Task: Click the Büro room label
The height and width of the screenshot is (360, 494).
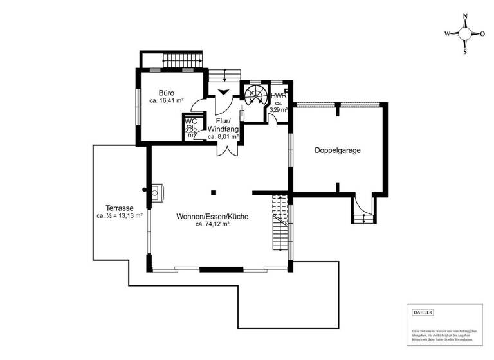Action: point(158,93)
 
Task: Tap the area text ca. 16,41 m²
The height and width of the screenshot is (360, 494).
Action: point(167,101)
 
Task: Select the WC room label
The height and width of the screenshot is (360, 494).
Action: point(190,121)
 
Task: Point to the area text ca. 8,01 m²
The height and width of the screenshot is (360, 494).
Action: point(223,137)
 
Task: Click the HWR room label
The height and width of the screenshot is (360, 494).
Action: point(279,96)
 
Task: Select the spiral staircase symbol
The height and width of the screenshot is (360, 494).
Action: point(255,96)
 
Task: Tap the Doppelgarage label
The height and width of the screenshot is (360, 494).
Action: point(337,150)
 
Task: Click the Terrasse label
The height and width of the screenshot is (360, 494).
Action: point(120,208)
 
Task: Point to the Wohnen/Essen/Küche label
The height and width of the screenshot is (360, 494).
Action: point(212,217)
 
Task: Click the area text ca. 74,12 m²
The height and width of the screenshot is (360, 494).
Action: point(212,225)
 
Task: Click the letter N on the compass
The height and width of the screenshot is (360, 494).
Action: point(464,19)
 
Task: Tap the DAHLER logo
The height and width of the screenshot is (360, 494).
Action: point(422,312)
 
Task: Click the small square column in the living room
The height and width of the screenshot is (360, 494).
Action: point(213,192)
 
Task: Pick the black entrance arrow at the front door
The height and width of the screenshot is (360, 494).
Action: point(223,92)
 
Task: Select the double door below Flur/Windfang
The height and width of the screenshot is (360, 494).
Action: point(226,148)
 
